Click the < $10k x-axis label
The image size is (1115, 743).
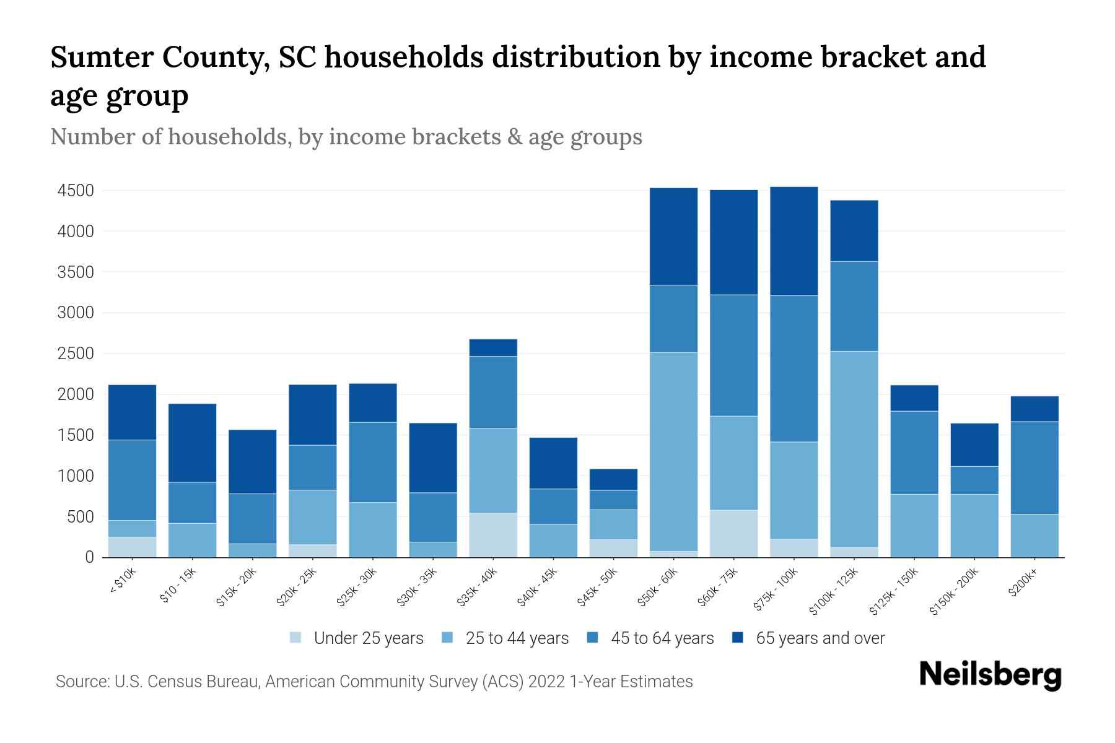click(123, 582)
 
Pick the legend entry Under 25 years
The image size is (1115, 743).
click(368, 638)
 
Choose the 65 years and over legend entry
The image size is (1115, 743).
click(820, 638)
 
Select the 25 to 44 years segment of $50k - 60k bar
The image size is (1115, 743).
click(673, 452)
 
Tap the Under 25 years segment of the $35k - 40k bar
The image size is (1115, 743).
click(493, 535)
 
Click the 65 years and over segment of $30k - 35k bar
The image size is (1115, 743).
click(433, 458)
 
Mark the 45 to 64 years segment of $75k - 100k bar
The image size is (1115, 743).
click(794, 368)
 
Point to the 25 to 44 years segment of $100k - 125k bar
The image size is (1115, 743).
click(854, 449)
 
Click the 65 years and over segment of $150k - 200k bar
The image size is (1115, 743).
click(974, 445)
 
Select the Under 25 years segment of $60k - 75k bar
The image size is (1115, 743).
click(733, 533)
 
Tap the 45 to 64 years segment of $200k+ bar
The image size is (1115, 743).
click(1034, 467)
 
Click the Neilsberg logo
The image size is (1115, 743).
click(990, 675)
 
